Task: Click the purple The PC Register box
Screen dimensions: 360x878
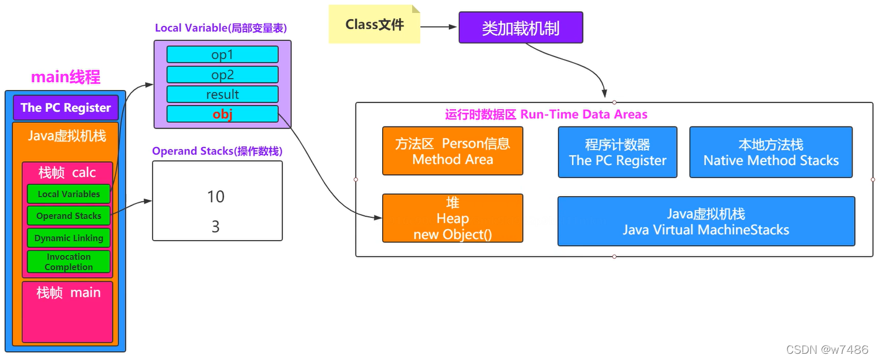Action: (x=65, y=107)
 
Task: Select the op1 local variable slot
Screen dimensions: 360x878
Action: (x=222, y=55)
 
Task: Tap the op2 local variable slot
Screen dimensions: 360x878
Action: (x=222, y=74)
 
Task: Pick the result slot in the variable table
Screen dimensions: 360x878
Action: (x=222, y=94)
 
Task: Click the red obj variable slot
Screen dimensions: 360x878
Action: (x=222, y=114)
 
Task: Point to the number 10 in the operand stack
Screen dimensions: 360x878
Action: (x=216, y=197)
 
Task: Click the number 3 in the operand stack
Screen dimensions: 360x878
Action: (x=215, y=227)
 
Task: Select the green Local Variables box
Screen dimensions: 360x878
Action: (x=68, y=194)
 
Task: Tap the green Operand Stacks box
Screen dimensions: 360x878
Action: (x=68, y=215)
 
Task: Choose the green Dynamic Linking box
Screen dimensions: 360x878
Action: (x=68, y=238)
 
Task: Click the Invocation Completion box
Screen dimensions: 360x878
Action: (x=68, y=261)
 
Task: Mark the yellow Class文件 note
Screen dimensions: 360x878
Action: (x=374, y=25)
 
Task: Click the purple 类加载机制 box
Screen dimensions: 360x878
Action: (x=521, y=27)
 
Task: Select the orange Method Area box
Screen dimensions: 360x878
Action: (x=452, y=151)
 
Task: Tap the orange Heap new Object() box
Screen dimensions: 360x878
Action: (x=452, y=218)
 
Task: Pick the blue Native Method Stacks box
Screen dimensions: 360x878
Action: (x=771, y=152)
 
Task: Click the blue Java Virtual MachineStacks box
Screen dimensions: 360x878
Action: (x=706, y=222)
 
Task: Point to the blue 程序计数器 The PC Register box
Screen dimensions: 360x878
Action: (x=617, y=152)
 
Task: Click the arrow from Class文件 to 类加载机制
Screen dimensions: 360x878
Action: (x=439, y=27)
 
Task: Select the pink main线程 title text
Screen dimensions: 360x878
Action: (x=65, y=78)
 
